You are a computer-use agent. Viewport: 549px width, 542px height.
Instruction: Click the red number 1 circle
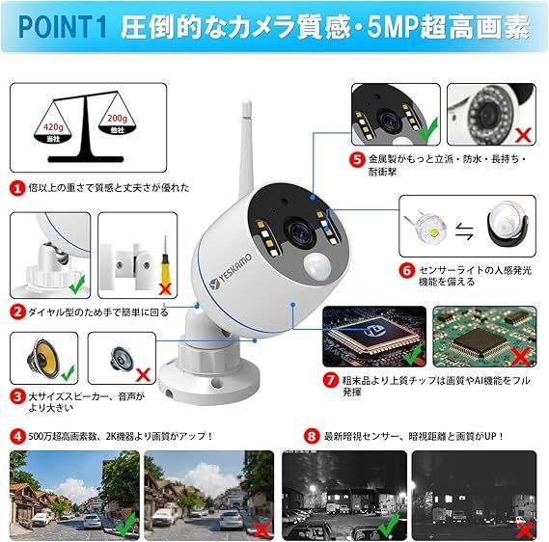[16, 188]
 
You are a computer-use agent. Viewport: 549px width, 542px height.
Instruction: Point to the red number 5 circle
[356, 159]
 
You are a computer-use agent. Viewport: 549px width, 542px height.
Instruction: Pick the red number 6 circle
[409, 273]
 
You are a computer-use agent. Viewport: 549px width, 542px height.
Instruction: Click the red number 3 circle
[16, 395]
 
